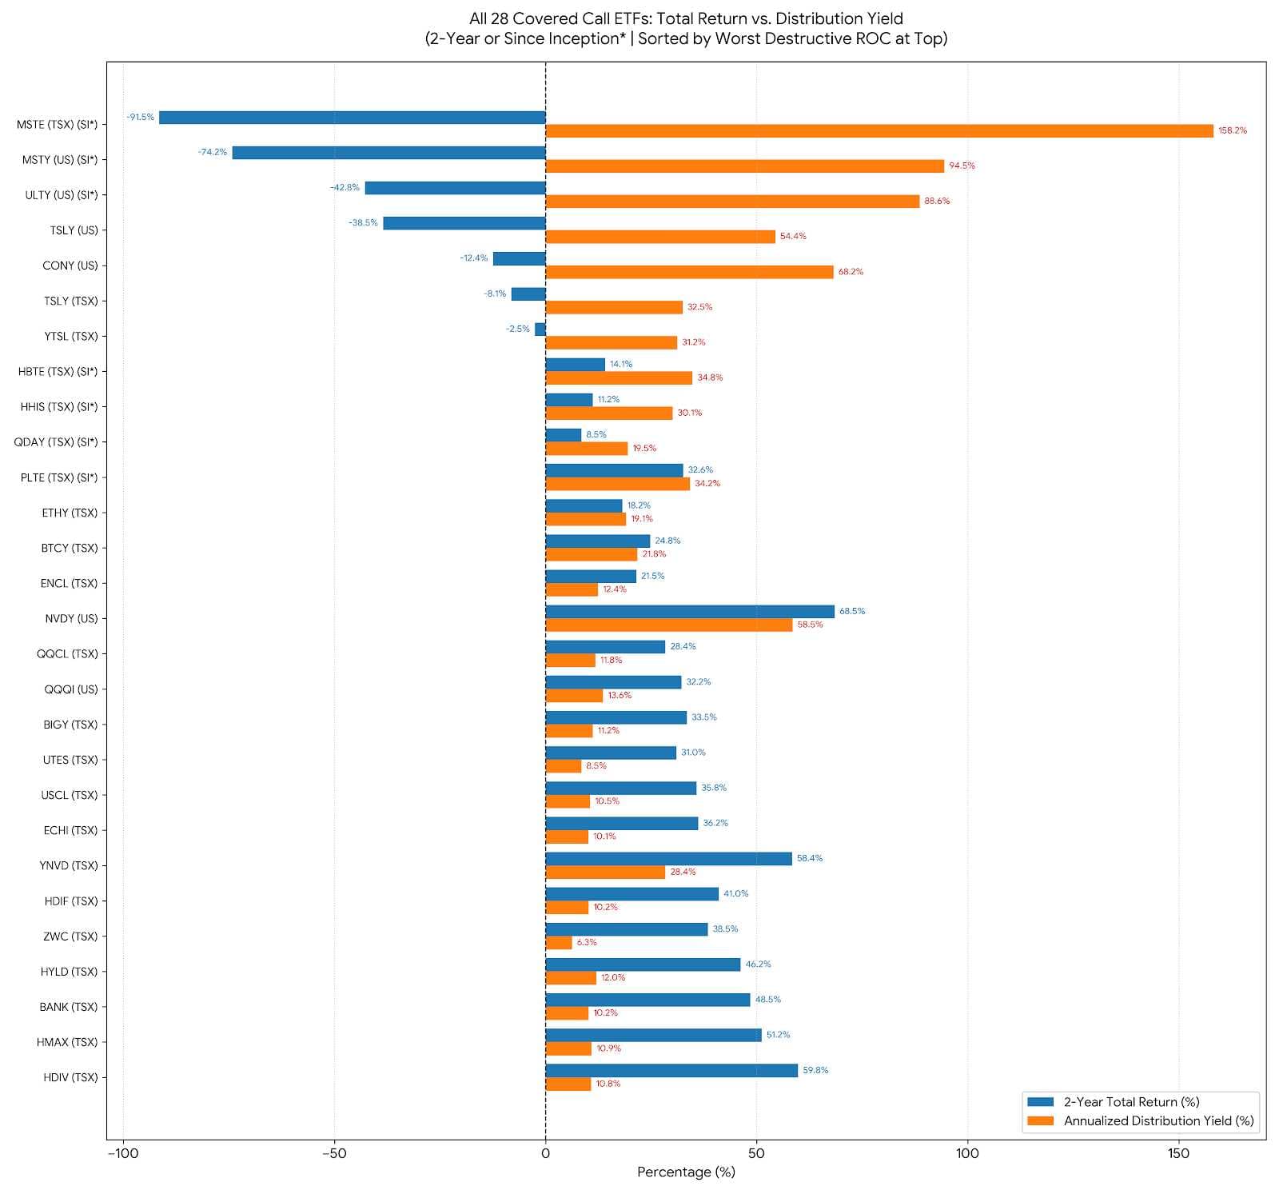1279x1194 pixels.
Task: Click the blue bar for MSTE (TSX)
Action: pos(352,118)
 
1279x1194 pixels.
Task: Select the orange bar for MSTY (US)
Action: pos(745,166)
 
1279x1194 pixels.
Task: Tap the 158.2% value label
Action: pos(1232,130)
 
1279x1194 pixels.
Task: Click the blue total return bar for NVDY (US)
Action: pos(690,612)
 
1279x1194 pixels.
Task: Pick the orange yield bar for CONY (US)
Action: pos(690,272)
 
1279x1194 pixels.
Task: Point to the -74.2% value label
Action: pos(213,152)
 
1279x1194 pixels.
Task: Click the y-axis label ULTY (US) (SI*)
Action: pos(62,195)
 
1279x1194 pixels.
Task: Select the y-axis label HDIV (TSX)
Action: pos(70,1077)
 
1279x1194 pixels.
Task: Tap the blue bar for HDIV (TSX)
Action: pos(671,1070)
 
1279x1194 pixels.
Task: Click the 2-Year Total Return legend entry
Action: pos(1114,1102)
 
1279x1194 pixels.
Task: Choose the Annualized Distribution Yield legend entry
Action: pos(1141,1121)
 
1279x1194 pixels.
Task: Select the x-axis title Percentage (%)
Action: pos(686,1172)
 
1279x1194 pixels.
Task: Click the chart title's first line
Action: pos(686,18)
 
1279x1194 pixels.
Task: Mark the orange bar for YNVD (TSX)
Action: pos(605,873)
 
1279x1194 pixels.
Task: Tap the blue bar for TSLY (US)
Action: pos(464,223)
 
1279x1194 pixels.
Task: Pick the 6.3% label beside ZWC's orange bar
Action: pos(587,942)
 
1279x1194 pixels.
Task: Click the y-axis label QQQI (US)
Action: pos(71,689)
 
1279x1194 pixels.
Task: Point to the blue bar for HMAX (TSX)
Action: pos(654,1035)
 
